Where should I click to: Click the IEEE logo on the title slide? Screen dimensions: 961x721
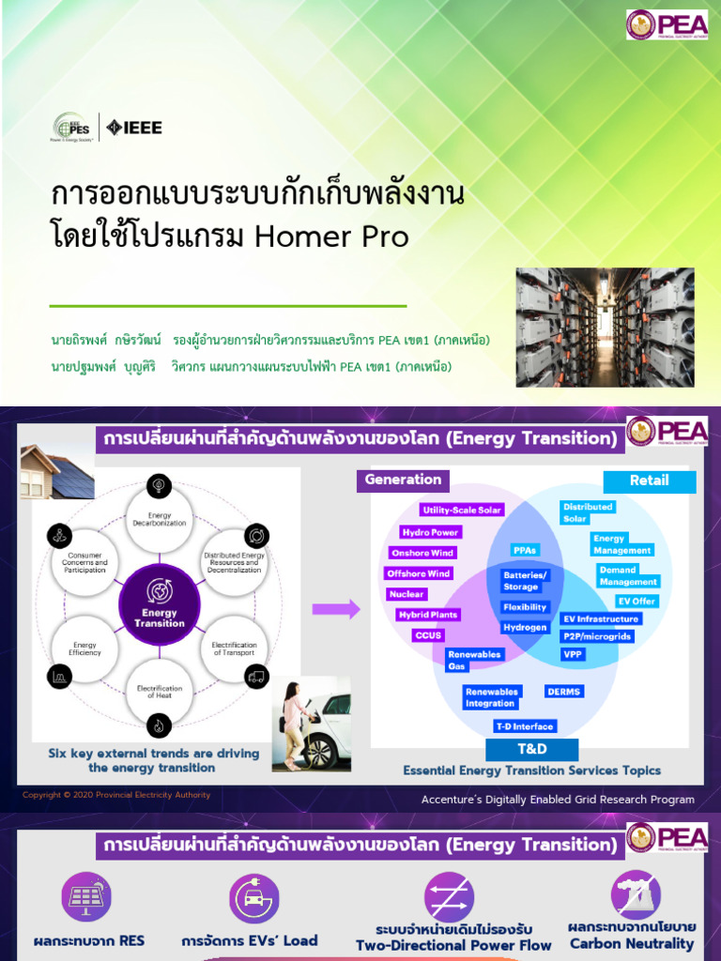tap(134, 128)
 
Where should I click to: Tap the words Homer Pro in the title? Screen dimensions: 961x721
tap(332, 236)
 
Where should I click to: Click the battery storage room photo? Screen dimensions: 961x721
tap(605, 327)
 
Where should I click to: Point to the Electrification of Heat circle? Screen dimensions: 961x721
tap(159, 692)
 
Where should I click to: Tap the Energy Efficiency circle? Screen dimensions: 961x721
tap(85, 648)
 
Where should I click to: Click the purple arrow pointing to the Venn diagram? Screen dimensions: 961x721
tap(335, 609)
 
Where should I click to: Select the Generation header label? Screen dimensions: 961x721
tap(403, 480)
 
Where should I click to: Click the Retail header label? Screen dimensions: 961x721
tap(649, 480)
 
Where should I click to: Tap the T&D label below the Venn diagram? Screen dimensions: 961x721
tap(531, 749)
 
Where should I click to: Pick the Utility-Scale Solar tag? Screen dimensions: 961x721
tap(462, 510)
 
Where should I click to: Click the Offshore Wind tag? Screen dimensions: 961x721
tap(419, 573)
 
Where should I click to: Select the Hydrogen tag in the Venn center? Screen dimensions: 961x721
tap(524, 627)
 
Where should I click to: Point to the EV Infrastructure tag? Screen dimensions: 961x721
tap(600, 618)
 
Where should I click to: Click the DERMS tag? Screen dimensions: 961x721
tap(563, 692)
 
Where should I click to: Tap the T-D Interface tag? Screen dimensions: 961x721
tap(526, 725)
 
